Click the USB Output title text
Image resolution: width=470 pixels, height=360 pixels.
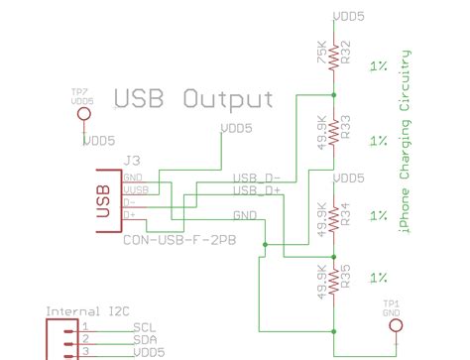pos(193,98)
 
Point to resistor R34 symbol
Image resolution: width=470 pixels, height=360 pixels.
pos(336,216)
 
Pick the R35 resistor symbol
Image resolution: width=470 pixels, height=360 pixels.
pos(336,281)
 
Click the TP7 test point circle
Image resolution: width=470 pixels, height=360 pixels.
pos(82,116)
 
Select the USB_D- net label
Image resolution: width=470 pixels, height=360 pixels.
pos(257,177)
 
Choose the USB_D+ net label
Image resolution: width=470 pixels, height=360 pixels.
pos(257,188)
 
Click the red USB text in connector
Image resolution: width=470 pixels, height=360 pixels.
pos(102,198)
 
